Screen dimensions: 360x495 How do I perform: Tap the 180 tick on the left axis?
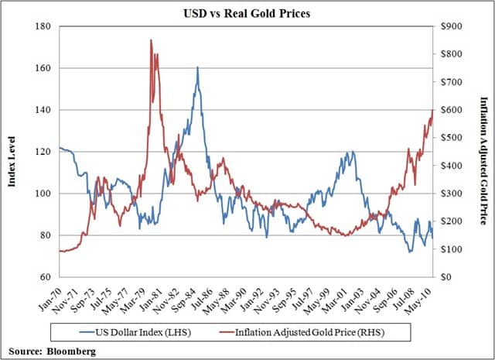43,26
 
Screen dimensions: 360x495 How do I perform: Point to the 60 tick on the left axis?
45,277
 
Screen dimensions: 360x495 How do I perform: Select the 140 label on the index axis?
43,110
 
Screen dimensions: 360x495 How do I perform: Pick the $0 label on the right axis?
446,277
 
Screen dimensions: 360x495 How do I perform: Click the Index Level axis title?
12,152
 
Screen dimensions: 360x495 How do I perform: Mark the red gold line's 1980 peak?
151,40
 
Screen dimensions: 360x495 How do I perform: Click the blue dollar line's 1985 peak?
198,67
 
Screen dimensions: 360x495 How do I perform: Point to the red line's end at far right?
432,110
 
